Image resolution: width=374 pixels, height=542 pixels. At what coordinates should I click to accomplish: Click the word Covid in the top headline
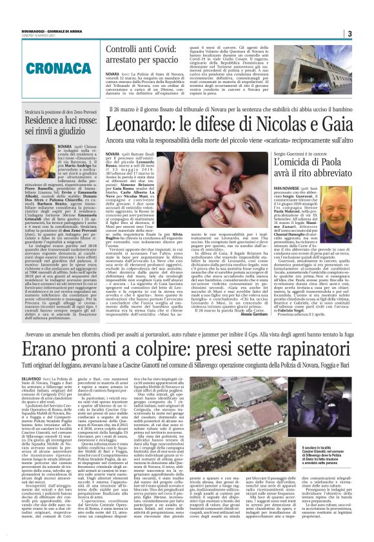(x=159, y=49)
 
